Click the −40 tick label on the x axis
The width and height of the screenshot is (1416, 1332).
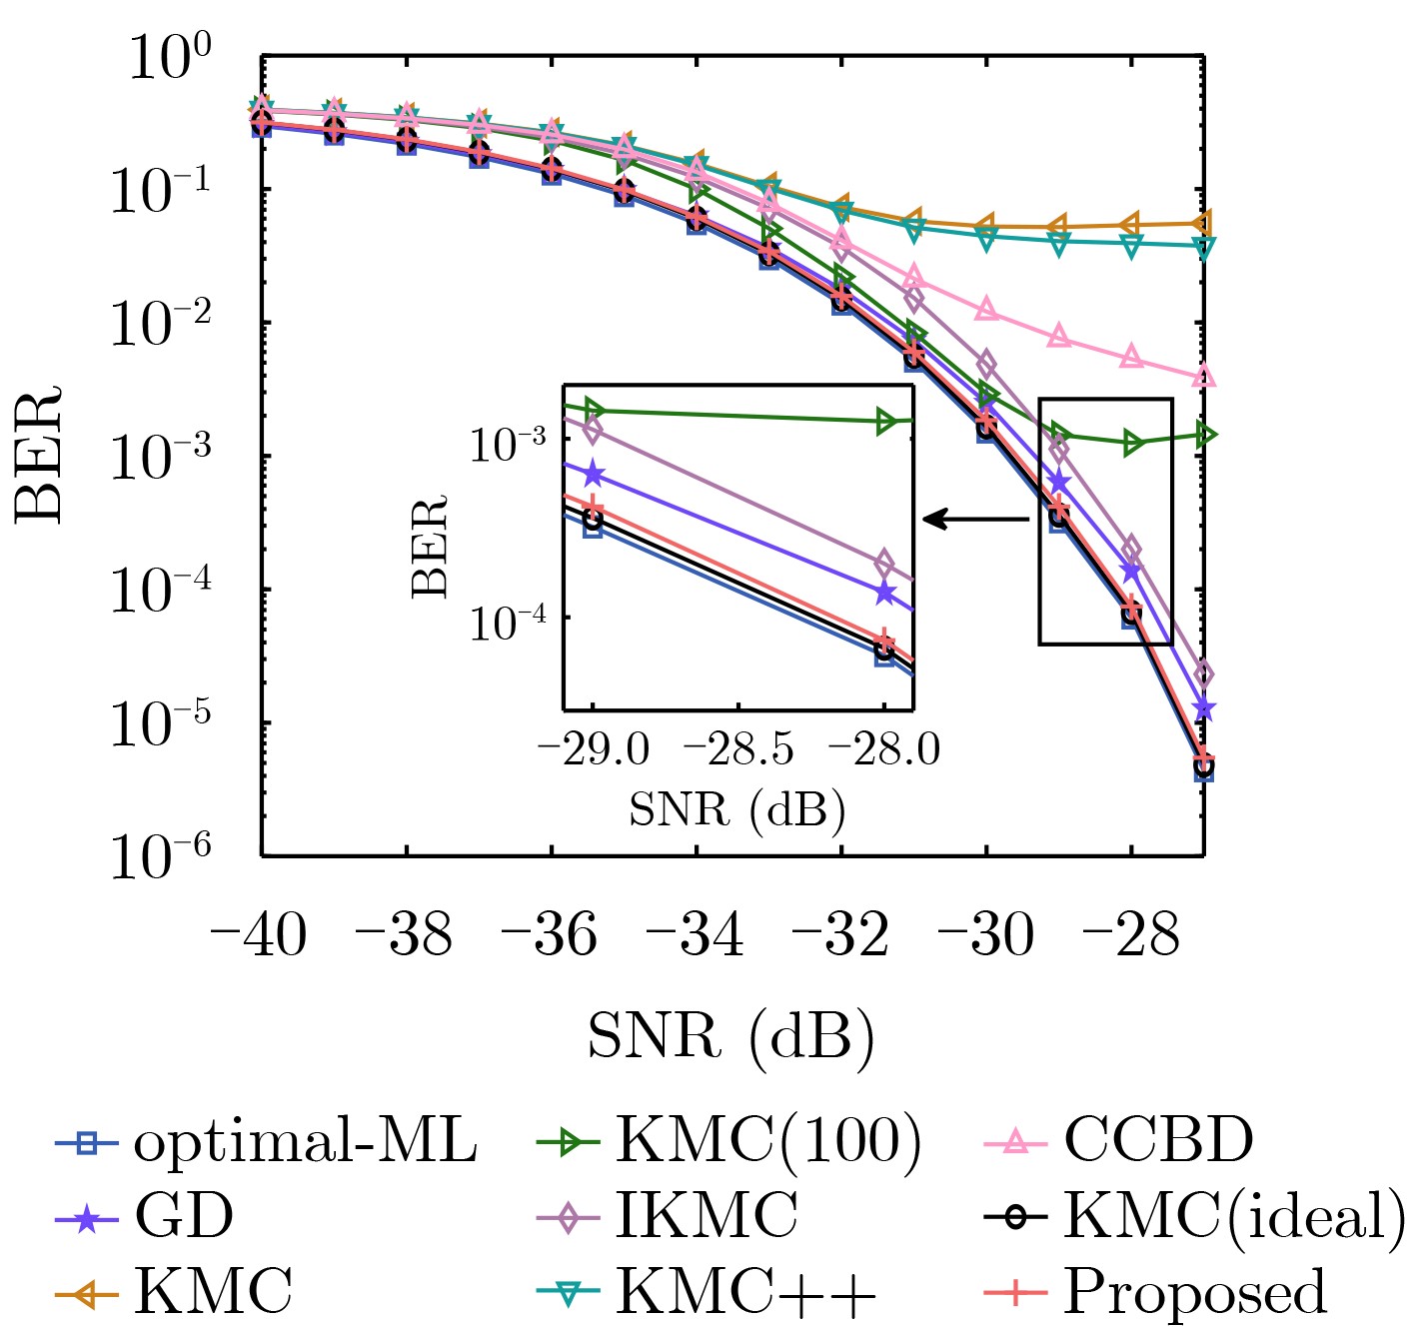click(x=258, y=936)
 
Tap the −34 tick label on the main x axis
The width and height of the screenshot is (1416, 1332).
click(x=696, y=936)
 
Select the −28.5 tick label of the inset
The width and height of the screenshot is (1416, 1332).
click(x=737, y=748)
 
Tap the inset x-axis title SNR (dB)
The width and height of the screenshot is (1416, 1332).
click(x=737, y=809)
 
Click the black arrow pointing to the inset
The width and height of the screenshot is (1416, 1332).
click(x=974, y=520)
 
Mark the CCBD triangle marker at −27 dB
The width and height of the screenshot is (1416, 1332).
click(x=1203, y=377)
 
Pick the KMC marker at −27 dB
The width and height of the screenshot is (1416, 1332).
click(x=1203, y=223)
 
